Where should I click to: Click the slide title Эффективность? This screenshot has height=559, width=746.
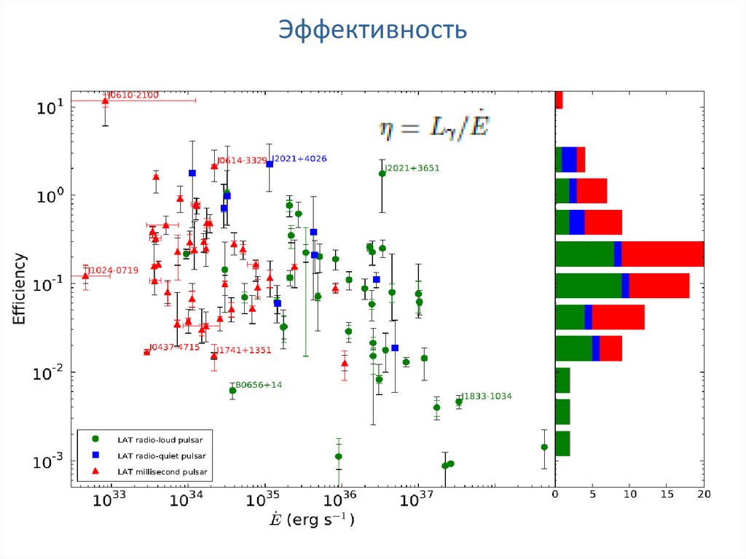click(372, 31)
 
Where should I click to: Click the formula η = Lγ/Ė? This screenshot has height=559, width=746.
click(433, 128)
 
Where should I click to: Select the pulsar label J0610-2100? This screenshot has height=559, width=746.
click(133, 95)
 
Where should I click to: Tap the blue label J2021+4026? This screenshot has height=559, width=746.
click(299, 159)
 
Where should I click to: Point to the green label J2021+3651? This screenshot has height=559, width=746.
click(412, 168)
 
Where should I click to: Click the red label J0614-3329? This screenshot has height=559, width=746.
click(242, 161)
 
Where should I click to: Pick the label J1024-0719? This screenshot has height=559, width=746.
click(113, 270)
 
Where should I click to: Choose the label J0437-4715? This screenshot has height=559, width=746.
click(175, 347)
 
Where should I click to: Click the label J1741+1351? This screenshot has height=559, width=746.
click(243, 351)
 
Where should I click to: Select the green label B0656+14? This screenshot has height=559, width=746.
click(258, 385)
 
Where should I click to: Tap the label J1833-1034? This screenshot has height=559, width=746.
click(487, 396)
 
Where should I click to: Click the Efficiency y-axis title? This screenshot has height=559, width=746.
click(21, 289)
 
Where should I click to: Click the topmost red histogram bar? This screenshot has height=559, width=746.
click(559, 100)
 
